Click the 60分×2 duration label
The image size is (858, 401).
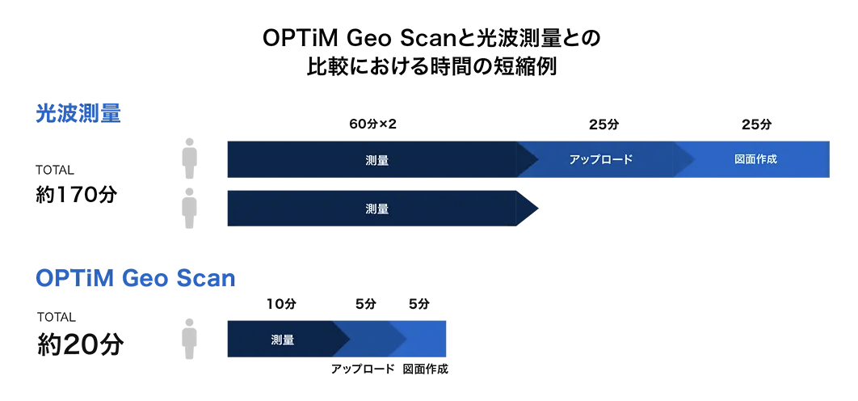click(x=372, y=125)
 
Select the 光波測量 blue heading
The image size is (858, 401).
click(x=78, y=114)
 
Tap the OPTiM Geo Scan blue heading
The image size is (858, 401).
click(x=135, y=278)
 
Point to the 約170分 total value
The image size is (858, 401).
click(x=76, y=195)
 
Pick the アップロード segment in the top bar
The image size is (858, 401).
click(x=600, y=159)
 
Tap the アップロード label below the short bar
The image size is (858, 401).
click(x=363, y=369)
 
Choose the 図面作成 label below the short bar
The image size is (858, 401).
click(x=425, y=369)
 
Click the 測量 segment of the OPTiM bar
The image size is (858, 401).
click(x=282, y=340)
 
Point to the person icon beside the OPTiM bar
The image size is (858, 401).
click(x=189, y=339)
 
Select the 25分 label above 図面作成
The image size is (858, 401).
click(x=756, y=125)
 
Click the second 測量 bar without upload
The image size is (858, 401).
click(x=377, y=208)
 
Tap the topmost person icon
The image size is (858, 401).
click(x=189, y=158)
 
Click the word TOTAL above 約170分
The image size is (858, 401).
click(x=55, y=170)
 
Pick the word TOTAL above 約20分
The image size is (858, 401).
click(x=57, y=317)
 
